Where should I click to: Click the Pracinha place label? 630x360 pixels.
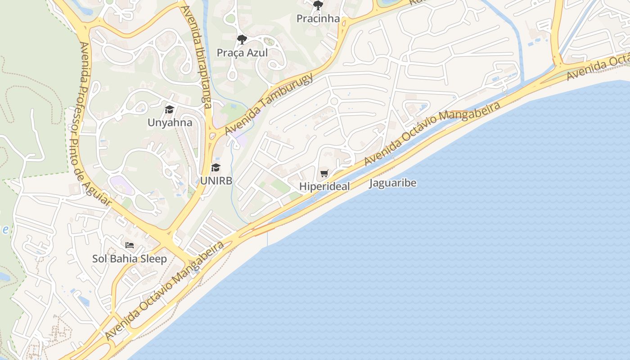[318, 18]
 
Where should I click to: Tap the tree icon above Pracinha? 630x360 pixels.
[318, 5]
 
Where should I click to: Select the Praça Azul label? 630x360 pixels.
[242, 53]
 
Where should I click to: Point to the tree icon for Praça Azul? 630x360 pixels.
[242, 40]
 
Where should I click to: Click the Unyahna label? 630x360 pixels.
[170, 122]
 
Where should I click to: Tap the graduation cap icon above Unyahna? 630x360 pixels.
[169, 109]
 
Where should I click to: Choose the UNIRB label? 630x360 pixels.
[216, 181]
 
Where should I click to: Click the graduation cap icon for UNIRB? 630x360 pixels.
[216, 168]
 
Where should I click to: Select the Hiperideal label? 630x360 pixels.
[324, 186]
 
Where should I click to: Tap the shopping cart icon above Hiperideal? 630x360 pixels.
[324, 173]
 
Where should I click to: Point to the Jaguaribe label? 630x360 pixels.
[393, 183]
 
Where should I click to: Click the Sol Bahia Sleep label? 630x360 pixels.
[130, 259]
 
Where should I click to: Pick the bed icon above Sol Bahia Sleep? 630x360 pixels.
[130, 245]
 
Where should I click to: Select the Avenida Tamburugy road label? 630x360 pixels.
[269, 103]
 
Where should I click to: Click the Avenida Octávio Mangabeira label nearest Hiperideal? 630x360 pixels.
[432, 133]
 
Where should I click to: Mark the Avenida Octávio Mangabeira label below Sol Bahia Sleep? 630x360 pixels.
[164, 290]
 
